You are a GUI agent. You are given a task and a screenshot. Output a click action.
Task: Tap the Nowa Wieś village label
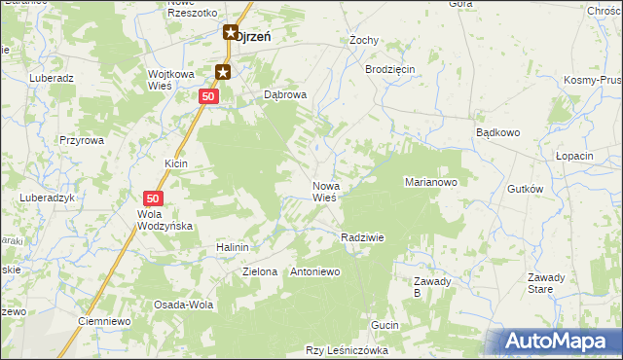point(324,191)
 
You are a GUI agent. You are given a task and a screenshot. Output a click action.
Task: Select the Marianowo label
point(430,182)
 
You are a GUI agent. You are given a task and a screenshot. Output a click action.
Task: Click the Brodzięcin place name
point(390,70)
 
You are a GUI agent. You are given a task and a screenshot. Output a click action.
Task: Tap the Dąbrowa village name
point(286,95)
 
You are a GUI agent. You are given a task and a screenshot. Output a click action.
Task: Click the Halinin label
point(234,248)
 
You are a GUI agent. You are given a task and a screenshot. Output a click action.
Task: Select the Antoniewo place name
point(314,271)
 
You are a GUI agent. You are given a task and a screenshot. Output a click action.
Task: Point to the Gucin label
point(385,324)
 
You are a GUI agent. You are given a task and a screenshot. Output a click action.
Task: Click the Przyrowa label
point(81,140)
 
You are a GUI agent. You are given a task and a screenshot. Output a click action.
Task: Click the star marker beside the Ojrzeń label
point(231,33)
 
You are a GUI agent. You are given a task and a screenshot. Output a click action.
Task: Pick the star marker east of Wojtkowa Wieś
point(223,71)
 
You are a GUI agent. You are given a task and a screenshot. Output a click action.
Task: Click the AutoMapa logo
point(560,342)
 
